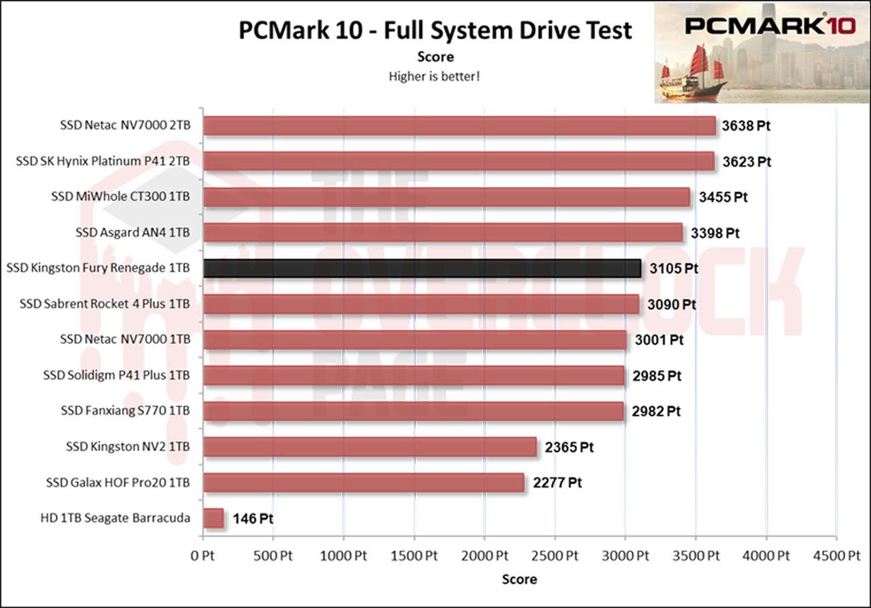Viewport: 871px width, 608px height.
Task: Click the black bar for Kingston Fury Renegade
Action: pos(422,268)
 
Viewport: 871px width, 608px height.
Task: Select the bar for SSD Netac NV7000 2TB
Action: pos(459,126)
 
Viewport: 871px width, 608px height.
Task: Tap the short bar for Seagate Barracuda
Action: pos(214,518)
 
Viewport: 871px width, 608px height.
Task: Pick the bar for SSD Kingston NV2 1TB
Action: pos(369,447)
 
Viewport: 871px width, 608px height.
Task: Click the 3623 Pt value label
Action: pos(746,162)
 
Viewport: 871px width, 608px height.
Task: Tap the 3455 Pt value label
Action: pos(723,197)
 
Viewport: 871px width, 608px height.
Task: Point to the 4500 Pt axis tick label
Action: pos(836,556)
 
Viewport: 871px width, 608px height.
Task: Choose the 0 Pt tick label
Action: pos(203,556)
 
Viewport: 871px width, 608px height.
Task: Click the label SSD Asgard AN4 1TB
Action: pos(133,233)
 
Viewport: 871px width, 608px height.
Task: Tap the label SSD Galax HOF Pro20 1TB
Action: pos(118,483)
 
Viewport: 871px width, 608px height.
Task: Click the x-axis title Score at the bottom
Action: pos(519,579)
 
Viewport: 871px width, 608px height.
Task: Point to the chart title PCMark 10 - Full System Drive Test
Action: pos(435,31)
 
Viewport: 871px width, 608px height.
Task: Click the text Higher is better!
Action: pos(434,76)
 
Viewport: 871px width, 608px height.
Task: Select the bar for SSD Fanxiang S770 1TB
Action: pos(414,411)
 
